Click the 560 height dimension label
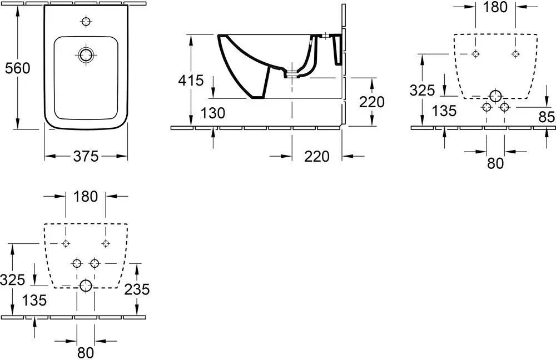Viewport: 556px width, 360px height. coord(17,68)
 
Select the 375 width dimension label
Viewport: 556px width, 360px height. coord(86,156)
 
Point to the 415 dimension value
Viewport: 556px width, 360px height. coord(191,81)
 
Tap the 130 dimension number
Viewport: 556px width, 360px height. coord(213,113)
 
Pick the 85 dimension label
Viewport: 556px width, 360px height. coord(546,117)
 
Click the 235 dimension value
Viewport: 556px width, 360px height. coord(137,289)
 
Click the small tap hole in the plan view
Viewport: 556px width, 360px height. coord(86,22)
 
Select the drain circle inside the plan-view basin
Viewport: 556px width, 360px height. coord(86,55)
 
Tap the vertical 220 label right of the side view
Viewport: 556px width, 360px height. coord(371,102)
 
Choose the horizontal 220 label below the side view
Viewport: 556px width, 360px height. coord(317,156)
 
